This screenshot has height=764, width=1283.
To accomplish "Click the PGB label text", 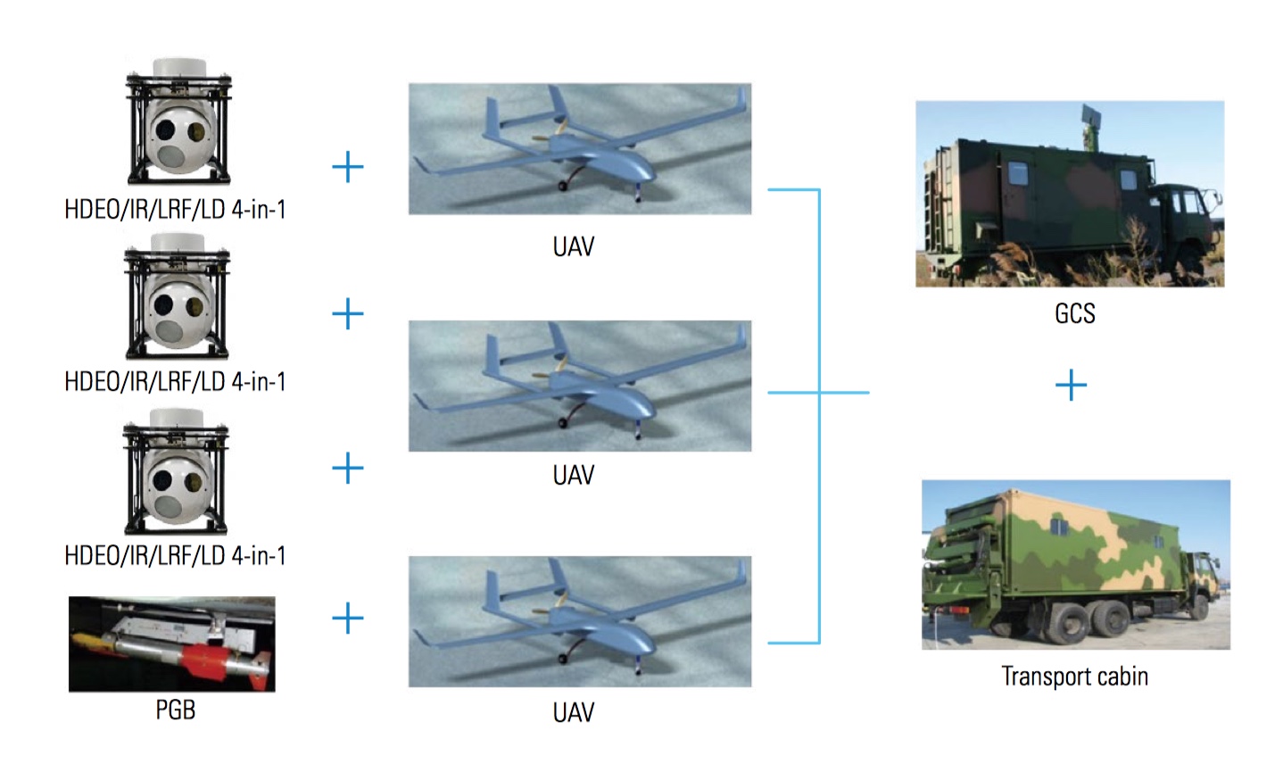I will [x=175, y=710].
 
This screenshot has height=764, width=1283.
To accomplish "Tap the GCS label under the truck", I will [x=1074, y=314].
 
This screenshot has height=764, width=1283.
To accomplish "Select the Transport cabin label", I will [x=1074, y=677].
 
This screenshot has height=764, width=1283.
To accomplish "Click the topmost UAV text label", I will [x=573, y=247].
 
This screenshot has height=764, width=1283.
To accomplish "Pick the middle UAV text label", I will [x=573, y=475].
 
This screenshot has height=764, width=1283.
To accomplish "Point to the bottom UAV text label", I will [x=573, y=712].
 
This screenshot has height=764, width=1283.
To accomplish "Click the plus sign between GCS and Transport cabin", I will [x=1071, y=386].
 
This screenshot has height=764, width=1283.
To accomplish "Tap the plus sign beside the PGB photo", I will [x=347, y=618].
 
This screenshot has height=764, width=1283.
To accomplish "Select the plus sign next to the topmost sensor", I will [x=347, y=167].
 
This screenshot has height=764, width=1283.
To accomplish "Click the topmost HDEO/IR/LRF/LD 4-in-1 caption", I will [x=175, y=210].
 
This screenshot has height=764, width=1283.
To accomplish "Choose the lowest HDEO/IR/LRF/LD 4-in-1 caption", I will [x=175, y=556].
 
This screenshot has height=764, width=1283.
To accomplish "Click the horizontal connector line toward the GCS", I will [x=843, y=392].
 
